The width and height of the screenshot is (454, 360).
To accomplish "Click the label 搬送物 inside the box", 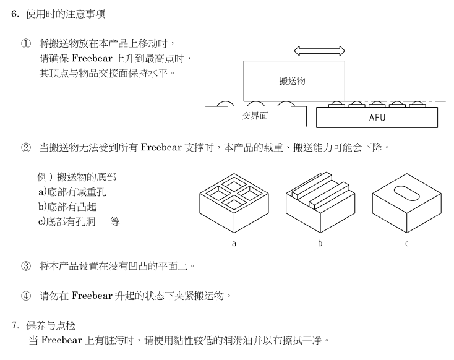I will (x=293, y=81).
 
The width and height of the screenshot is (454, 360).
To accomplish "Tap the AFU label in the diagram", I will (x=377, y=118).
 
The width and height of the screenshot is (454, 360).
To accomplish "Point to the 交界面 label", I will (x=255, y=116).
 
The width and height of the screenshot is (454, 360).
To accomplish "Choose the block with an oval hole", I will (x=406, y=201).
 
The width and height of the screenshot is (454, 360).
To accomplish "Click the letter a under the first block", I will (x=234, y=243).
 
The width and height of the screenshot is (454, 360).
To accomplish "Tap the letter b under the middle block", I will (x=320, y=243).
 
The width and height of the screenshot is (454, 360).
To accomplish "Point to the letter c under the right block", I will (x=406, y=243).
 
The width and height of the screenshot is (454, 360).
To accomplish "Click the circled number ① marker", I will (x=25, y=44).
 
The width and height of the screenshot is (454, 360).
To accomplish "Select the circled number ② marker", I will (x=25, y=148).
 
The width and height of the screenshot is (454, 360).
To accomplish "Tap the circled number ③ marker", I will (x=25, y=267).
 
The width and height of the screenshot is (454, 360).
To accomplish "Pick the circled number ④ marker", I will (x=25, y=296).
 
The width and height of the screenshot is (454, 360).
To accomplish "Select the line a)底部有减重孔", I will (x=75, y=192).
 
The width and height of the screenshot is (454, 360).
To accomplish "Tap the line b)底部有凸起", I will (x=67, y=207).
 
